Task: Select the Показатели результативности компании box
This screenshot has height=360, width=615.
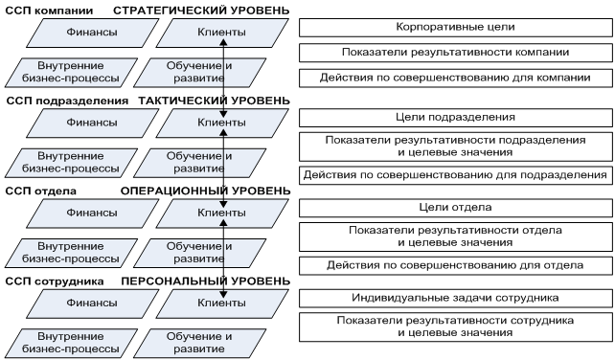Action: [455, 52]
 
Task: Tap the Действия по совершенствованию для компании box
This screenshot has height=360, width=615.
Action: [455, 77]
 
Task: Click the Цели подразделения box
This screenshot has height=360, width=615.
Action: [455, 117]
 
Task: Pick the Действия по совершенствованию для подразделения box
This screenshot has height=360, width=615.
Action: [455, 175]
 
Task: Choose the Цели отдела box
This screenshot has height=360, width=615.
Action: [455, 207]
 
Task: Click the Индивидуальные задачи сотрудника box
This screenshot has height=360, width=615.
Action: [455, 298]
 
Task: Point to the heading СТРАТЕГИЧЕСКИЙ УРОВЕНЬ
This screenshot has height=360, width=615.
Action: [200, 10]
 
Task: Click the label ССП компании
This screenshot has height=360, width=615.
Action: [49, 10]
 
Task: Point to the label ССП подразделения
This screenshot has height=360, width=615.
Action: [66, 100]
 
